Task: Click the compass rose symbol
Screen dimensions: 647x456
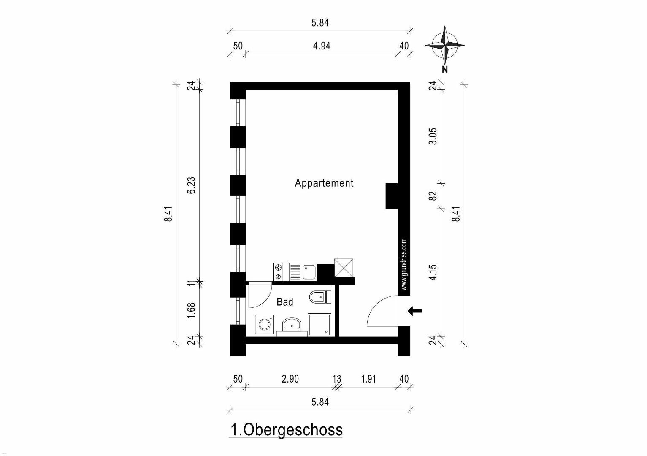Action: pos(444,45)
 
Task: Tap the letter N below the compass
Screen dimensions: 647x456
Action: pos(445,70)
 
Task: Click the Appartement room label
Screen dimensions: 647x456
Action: pos(324,183)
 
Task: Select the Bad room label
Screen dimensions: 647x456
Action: pos(285,302)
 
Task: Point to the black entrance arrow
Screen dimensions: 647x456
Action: pos(415,311)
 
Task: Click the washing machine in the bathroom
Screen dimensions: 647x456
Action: pos(264,324)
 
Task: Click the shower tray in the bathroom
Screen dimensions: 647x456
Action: pos(319,324)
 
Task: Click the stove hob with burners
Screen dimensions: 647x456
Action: pos(279,271)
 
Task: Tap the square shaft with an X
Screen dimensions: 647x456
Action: pos(344,268)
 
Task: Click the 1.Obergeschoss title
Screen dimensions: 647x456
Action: pos(287,430)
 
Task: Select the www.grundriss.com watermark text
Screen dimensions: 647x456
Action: pos(404,264)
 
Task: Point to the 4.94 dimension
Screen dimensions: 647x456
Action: pos(322,46)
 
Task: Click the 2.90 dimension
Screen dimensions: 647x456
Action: pos(290,379)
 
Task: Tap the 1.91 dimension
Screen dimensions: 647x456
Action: pos(368,379)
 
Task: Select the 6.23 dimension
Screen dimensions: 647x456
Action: pos(192,185)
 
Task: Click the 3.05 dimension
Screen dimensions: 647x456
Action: pos(433,136)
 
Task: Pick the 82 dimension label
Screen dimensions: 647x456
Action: pos(433,196)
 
